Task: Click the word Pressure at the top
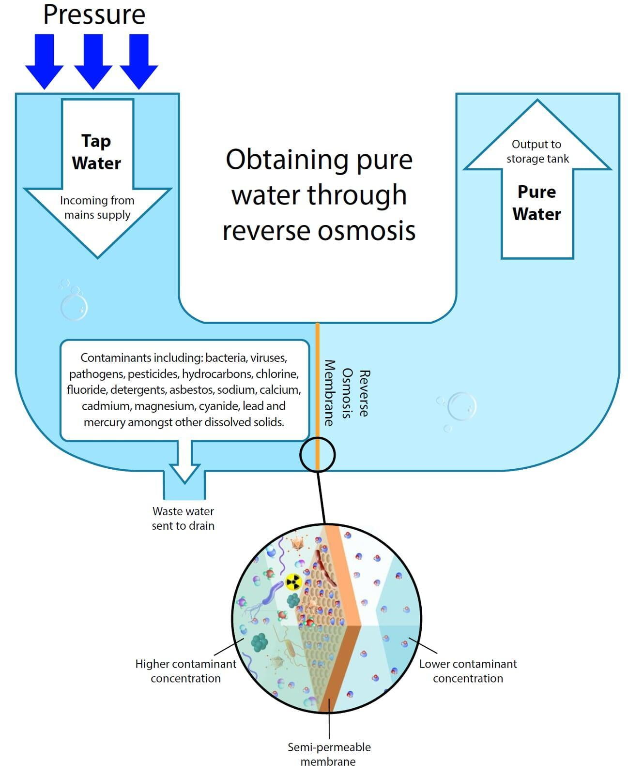(x=94, y=15)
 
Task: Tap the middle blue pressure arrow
(x=93, y=61)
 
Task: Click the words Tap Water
(x=97, y=152)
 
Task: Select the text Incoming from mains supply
(x=97, y=207)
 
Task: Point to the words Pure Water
(x=536, y=203)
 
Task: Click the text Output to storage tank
(x=537, y=151)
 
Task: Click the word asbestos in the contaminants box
(x=191, y=389)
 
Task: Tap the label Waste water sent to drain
(x=184, y=519)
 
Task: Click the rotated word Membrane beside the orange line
(x=329, y=393)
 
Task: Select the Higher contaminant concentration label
(x=186, y=671)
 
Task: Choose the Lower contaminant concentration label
(x=468, y=671)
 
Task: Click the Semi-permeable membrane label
(x=329, y=754)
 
